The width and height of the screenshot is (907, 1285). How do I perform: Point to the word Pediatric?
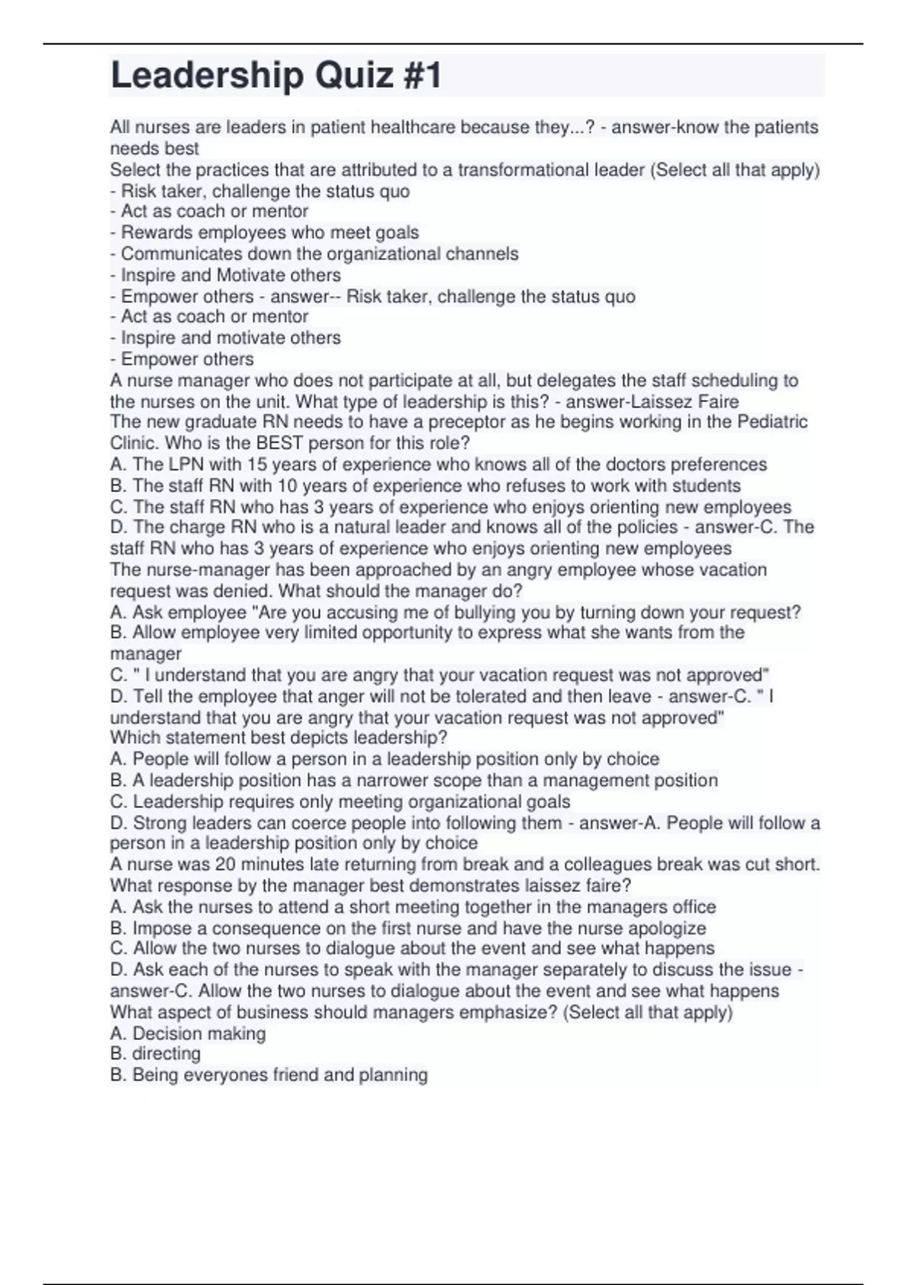point(772,422)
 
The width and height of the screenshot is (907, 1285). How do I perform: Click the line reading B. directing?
point(156,1054)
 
